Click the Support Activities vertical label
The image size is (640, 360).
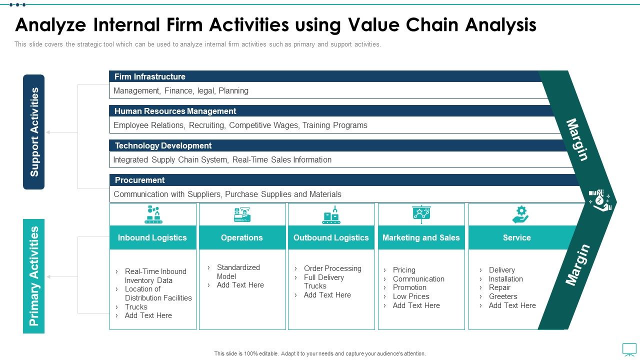tap(34, 132)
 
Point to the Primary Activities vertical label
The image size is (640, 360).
tap(34, 276)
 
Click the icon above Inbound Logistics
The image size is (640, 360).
tap(153, 214)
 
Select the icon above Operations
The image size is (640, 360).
tap(242, 214)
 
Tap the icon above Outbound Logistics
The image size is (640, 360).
tap(331, 214)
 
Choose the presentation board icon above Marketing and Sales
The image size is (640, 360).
tap(421, 214)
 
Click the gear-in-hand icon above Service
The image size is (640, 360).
tap(520, 214)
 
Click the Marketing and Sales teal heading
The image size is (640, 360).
tap(421, 238)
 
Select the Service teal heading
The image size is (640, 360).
tap(516, 238)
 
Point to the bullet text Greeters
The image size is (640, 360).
tap(503, 296)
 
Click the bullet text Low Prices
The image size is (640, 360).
tap(411, 296)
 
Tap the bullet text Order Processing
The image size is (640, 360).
tap(332, 268)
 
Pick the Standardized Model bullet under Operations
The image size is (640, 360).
tap(238, 271)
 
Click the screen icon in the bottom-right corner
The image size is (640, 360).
tap(629, 348)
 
